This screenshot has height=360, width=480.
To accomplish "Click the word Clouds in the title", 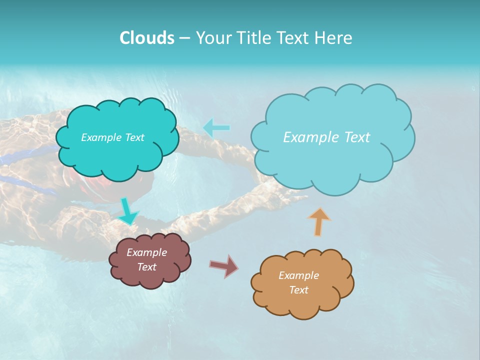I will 146,38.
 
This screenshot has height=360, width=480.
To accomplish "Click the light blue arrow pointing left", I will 216,128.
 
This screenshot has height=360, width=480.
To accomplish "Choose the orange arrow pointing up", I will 318,221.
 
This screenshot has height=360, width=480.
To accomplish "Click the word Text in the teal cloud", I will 134,137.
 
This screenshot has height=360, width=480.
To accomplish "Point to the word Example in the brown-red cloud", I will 146,252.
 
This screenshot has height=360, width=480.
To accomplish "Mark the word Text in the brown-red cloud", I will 146,267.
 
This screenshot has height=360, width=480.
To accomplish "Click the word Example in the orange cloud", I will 298,275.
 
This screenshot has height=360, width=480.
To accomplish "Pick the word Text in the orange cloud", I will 298,290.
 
